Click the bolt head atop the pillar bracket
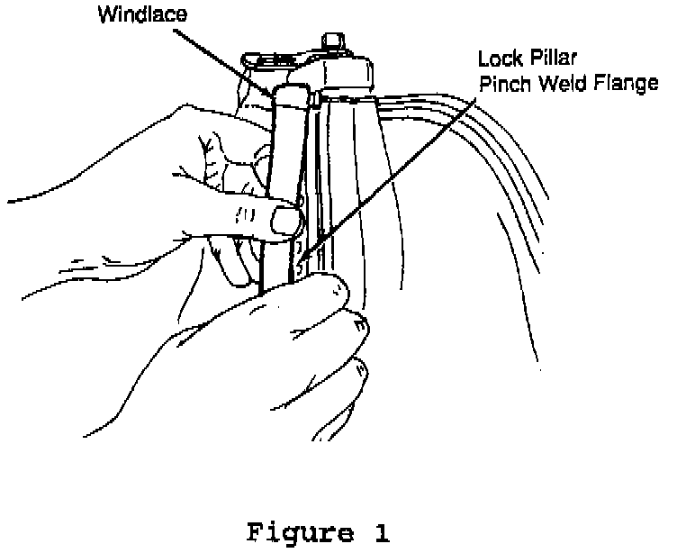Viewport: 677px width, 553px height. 333,40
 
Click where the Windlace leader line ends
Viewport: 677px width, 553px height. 275,92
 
